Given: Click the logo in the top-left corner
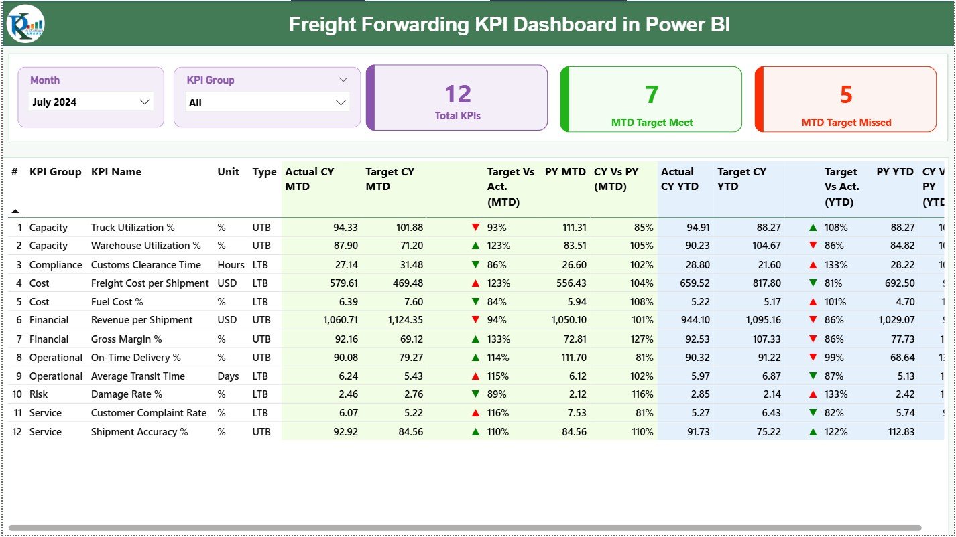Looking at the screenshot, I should pos(25,23).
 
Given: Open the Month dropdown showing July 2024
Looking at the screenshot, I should pos(91,102).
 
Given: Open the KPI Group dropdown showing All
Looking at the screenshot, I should pos(267,103).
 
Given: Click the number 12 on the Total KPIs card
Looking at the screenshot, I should pos(458,94).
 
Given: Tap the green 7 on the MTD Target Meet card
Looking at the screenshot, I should pos(652,95).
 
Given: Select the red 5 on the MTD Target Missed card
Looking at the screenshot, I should pos(846,95).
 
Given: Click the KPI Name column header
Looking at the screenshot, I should pos(116,172).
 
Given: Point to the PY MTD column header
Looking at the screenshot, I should pos(565,172).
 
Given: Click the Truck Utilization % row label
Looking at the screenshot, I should pos(133,228).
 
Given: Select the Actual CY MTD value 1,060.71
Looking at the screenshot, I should pos(341,320).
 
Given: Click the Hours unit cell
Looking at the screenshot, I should pos(231,265).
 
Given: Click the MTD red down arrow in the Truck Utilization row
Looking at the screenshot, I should pos(475,228).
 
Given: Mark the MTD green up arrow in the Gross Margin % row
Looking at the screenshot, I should pos(475,339).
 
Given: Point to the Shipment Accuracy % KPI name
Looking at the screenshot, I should pos(139,432).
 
